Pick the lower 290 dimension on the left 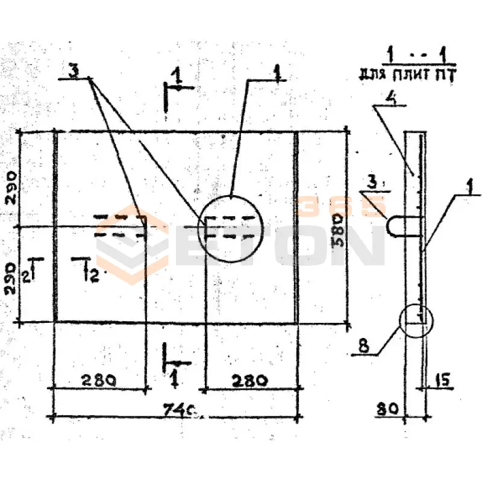click(12, 277)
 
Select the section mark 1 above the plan click(176, 78)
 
